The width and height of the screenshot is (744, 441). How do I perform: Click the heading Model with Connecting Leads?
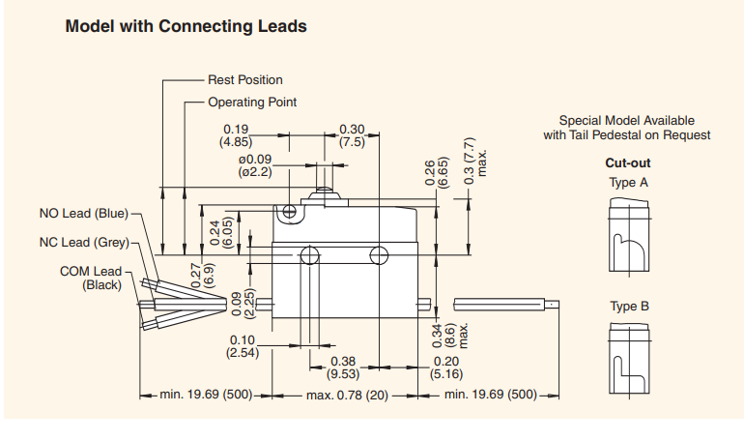186,27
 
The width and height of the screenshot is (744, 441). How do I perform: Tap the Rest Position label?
245,80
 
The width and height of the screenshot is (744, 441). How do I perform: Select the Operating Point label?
252,102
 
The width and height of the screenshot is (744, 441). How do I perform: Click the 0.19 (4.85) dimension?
238,135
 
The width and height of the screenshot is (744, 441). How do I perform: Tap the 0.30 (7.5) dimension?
352,135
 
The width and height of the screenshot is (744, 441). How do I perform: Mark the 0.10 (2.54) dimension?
241,346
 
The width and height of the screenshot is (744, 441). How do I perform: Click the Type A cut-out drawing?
627,236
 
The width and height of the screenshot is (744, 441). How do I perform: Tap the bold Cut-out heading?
627,162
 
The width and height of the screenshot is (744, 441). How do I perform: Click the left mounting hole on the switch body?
309,255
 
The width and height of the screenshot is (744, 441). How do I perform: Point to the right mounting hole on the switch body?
380,255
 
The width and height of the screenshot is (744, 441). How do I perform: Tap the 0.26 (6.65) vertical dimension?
436,171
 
